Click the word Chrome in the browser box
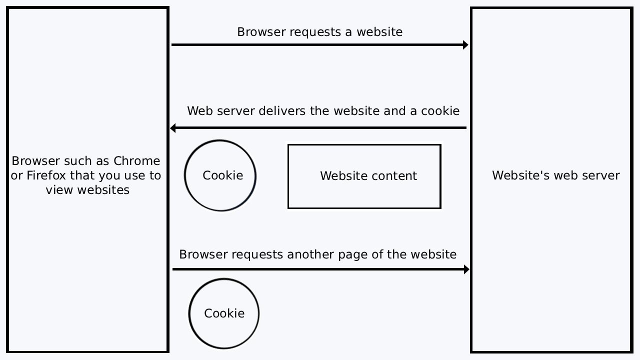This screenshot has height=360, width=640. (x=136, y=161)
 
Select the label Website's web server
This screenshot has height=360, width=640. (x=555, y=175)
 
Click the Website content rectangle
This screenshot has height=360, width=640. (x=364, y=176)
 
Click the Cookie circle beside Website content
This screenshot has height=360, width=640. (x=220, y=175)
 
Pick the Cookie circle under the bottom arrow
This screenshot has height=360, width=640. (x=223, y=313)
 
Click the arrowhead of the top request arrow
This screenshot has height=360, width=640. (x=465, y=45)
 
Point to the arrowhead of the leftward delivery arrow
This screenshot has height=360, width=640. (x=173, y=128)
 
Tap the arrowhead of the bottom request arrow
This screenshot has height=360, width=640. (x=466, y=269)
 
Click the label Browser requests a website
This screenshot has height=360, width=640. (x=319, y=32)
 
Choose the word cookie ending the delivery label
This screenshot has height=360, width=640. (x=440, y=111)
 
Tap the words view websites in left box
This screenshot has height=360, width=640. (x=87, y=190)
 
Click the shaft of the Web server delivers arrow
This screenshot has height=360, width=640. (x=320, y=128)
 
